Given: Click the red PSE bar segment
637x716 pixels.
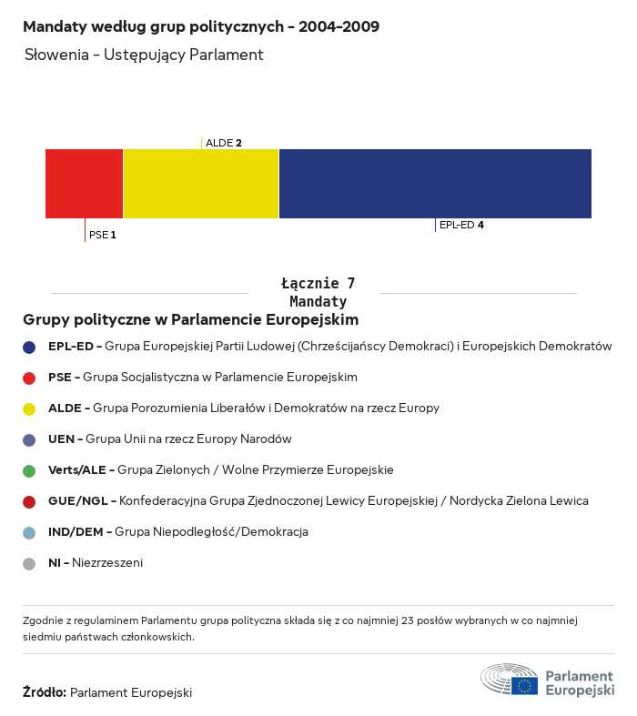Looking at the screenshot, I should (x=84, y=183).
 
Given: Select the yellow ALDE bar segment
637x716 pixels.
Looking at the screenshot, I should (x=200, y=183).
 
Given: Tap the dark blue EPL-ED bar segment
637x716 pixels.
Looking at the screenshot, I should (x=435, y=183).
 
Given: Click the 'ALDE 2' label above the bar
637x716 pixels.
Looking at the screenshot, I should (x=224, y=143).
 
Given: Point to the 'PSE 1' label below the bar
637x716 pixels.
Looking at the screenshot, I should (x=103, y=235).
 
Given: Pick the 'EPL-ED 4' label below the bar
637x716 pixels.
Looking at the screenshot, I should (x=461, y=225).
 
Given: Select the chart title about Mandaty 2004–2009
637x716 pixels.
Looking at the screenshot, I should (x=201, y=26).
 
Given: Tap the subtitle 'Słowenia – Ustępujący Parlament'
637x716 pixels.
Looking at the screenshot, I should (x=144, y=55).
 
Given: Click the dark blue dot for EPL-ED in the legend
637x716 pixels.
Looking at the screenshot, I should (x=29, y=347).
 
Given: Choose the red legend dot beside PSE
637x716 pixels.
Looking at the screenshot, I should (x=29, y=378).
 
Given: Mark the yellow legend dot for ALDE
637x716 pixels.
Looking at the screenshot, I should (x=29, y=408).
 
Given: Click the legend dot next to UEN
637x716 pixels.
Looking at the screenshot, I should (x=29, y=439).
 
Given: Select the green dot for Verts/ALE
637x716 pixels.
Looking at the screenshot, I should (x=29, y=470).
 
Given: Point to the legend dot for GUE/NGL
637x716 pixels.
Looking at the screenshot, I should (x=29, y=501).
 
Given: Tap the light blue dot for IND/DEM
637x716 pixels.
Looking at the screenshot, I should (x=29, y=532).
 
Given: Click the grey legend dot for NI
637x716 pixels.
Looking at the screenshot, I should (x=29, y=563).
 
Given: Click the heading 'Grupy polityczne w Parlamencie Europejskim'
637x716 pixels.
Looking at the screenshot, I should (x=190, y=320).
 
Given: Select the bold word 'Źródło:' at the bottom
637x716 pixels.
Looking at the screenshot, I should (x=44, y=692).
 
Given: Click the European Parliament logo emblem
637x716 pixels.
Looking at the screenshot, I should (x=510, y=680).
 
